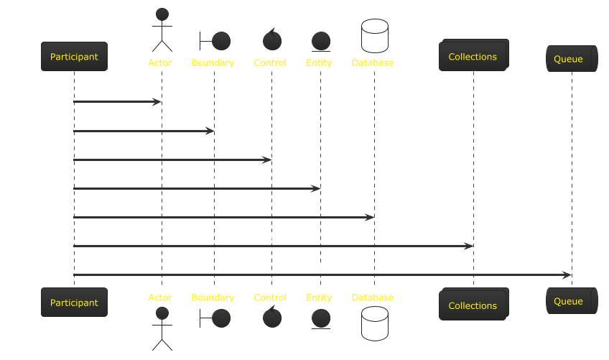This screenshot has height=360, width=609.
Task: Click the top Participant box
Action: (74, 57)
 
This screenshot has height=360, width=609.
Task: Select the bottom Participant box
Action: (74, 303)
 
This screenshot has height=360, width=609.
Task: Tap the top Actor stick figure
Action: (162, 29)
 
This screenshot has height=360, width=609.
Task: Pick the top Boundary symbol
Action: (215, 40)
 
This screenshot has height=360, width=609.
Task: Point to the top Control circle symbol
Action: (271, 40)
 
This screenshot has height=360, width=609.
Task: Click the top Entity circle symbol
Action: (320, 41)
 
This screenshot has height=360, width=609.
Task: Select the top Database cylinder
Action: (374, 36)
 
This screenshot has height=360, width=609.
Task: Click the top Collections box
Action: (473, 56)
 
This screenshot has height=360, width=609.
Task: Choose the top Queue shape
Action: (571, 59)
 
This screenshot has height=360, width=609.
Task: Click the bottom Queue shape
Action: (571, 301)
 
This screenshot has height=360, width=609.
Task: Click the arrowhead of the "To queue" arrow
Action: (567, 274)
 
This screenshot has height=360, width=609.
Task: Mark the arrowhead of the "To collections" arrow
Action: (469, 246)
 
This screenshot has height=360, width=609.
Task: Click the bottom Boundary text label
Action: (213, 297)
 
